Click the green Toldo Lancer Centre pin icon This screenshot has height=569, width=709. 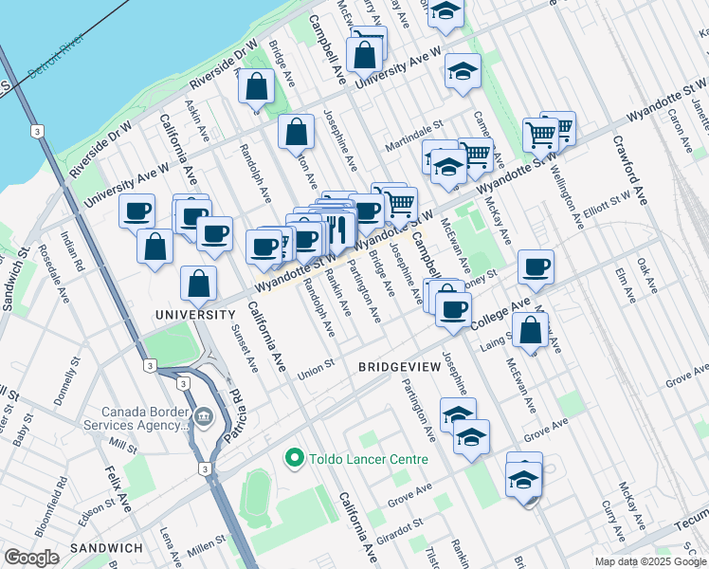294,459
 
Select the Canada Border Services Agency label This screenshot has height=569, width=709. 148,418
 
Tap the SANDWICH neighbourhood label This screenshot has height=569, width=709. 106,548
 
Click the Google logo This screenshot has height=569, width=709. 31,558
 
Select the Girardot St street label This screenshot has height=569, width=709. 403,524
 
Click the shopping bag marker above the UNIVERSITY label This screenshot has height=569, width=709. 198,284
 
